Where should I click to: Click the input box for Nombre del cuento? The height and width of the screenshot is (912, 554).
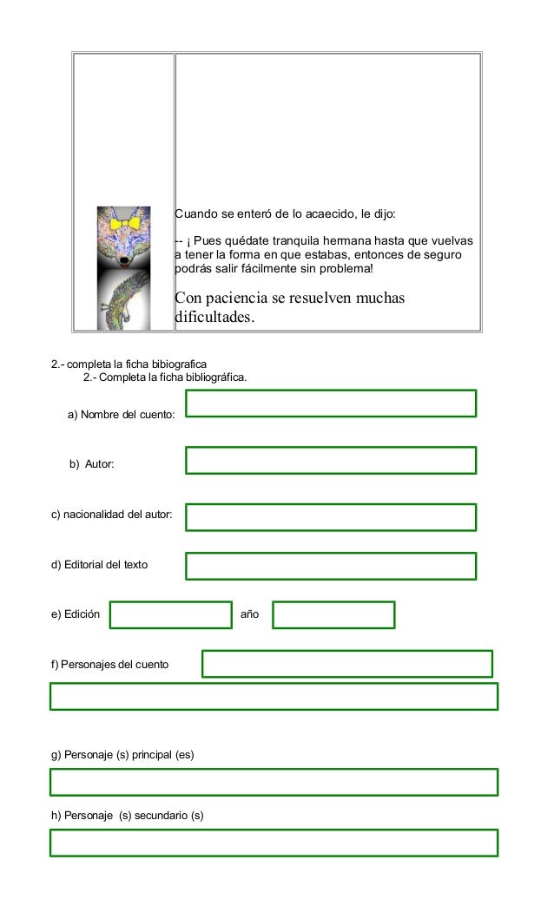tap(331, 404)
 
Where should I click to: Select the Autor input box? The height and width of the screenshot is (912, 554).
tap(331, 460)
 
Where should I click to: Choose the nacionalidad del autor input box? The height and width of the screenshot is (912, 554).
tap(331, 517)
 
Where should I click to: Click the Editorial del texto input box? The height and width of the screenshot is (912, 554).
tap(331, 566)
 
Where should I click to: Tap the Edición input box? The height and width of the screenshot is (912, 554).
tap(171, 614)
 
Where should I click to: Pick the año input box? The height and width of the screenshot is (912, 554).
tap(333, 614)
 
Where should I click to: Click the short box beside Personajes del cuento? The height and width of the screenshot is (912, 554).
tap(347, 664)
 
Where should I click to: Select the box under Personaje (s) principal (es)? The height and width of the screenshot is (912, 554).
tap(274, 782)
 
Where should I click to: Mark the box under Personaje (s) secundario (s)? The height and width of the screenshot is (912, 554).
tap(274, 843)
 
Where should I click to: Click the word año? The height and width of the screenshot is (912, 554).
tap(249, 614)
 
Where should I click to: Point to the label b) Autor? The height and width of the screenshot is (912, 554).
tap(92, 465)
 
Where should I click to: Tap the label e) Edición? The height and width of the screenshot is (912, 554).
tap(76, 614)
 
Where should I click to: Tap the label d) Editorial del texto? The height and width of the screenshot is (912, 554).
tap(99, 565)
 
